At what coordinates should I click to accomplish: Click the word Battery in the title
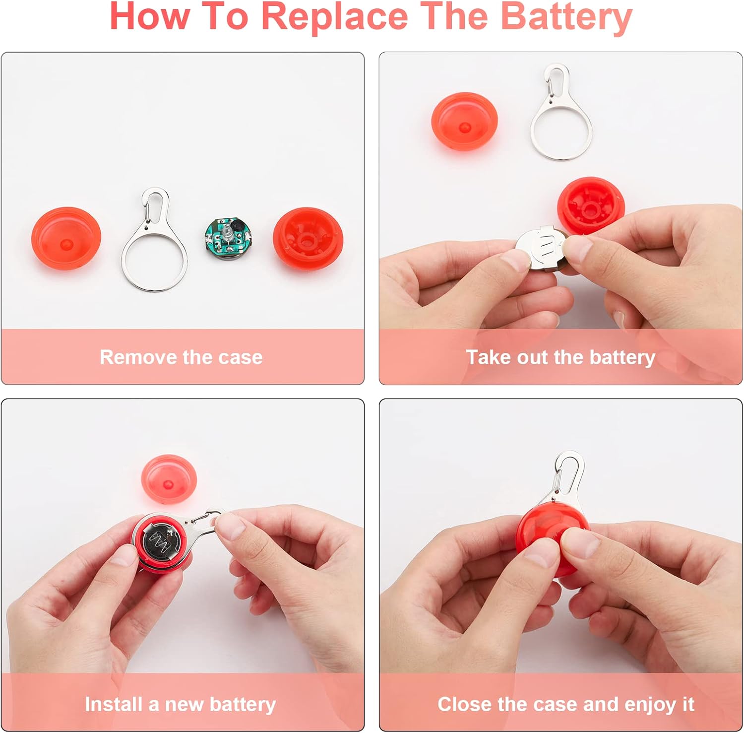click(566, 17)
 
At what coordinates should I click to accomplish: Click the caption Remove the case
click(181, 357)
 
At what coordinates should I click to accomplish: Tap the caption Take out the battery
click(560, 357)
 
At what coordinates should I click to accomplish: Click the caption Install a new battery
click(180, 704)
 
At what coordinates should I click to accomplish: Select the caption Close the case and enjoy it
click(565, 704)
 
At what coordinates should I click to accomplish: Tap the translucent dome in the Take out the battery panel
click(464, 122)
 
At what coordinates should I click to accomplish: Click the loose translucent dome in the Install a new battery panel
click(169, 479)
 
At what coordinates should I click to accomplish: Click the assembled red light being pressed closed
click(546, 538)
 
